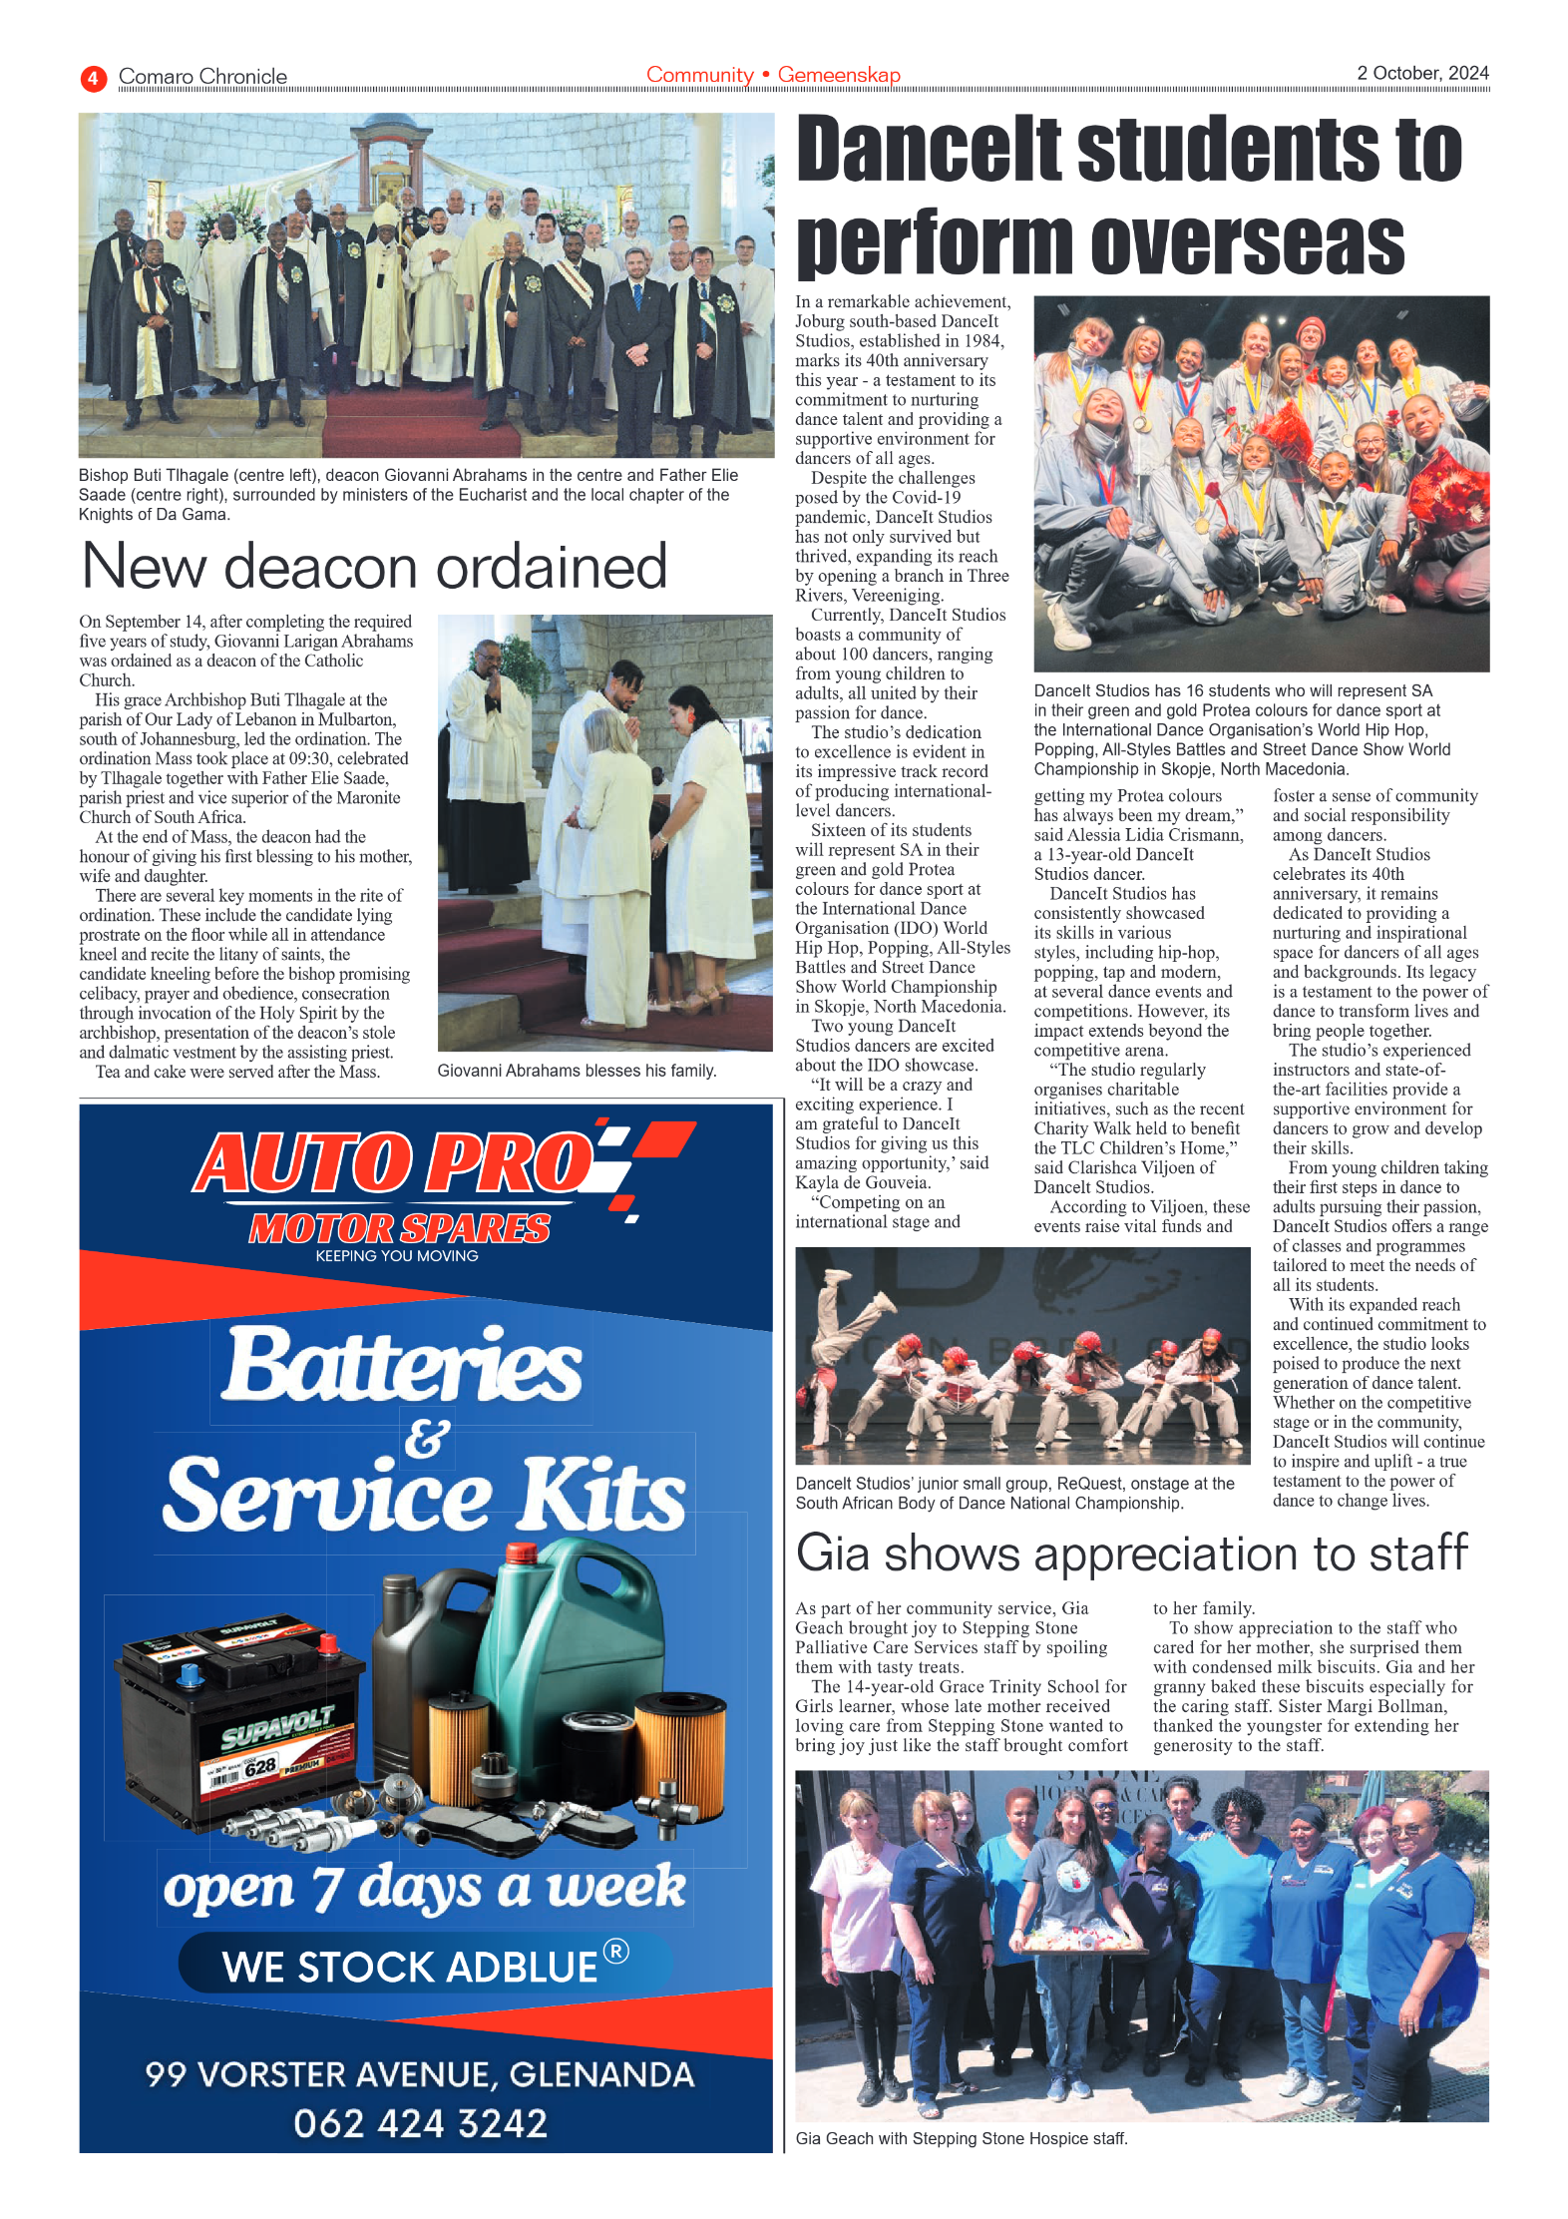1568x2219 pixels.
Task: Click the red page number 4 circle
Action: (x=93, y=78)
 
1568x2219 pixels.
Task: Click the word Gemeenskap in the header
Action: (x=838, y=75)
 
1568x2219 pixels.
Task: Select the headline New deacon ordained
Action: (x=374, y=566)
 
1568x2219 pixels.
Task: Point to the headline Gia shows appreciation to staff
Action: (x=1131, y=1553)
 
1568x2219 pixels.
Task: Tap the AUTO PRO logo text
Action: (x=394, y=1163)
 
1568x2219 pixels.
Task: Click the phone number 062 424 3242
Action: (x=420, y=2123)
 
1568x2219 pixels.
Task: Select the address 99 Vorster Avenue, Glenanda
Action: (x=420, y=2074)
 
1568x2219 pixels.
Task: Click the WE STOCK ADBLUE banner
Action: (x=425, y=1966)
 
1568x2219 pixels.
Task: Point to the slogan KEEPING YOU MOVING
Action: (x=397, y=1256)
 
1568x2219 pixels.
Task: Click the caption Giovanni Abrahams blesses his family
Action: (x=577, y=1071)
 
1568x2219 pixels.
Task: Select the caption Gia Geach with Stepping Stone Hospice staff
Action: (x=961, y=2138)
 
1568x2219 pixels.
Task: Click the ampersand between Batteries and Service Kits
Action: (x=427, y=1438)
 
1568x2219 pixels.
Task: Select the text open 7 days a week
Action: (x=424, y=1887)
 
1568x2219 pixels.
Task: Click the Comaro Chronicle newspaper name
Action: (x=202, y=77)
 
